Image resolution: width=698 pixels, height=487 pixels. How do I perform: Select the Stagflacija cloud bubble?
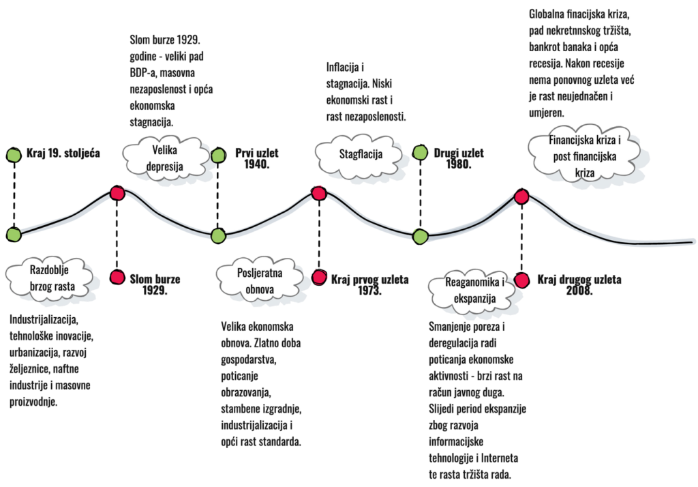(361, 155)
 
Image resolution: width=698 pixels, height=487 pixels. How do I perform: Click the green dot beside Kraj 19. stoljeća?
(14, 155)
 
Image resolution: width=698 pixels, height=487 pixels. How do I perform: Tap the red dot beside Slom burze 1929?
(118, 277)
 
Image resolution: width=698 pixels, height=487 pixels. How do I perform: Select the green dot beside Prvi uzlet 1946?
(218, 156)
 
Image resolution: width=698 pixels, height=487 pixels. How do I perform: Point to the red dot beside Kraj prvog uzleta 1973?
(319, 277)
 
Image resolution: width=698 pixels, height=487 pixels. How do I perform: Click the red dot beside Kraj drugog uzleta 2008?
(522, 280)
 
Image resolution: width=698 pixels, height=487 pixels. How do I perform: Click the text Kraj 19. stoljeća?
(63, 153)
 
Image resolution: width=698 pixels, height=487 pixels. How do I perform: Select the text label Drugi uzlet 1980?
(458, 158)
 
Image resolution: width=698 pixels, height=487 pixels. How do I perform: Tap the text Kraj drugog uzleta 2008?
(579, 284)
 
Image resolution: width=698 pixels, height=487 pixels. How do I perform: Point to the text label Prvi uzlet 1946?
(256, 159)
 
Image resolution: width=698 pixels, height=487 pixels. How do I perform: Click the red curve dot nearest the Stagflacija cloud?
(319, 193)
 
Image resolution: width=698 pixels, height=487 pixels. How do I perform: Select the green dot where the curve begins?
(14, 235)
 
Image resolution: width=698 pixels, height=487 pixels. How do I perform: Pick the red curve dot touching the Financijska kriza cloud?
(521, 196)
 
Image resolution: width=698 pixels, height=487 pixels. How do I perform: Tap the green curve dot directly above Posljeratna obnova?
(217, 236)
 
